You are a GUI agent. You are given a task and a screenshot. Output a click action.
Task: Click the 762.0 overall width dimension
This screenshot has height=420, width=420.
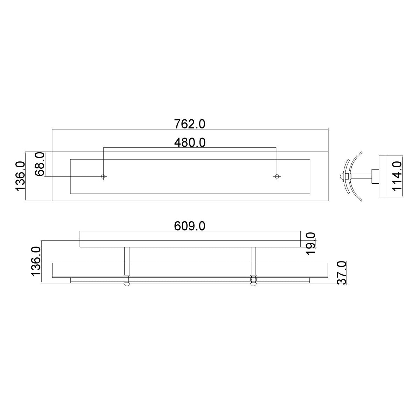pos(189,124)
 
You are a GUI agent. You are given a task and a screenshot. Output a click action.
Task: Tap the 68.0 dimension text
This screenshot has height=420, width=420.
pos(39,164)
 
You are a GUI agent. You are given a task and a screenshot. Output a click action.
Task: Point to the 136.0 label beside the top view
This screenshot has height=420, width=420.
pos(20,176)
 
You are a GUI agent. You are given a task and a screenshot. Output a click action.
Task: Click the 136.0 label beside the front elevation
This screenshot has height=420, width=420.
pos(36,261)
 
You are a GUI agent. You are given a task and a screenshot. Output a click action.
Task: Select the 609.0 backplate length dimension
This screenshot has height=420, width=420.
pos(189,226)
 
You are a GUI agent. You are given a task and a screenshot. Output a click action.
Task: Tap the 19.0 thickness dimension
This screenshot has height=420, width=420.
pos(310,244)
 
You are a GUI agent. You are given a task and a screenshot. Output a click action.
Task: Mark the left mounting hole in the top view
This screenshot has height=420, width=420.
pos(103,176)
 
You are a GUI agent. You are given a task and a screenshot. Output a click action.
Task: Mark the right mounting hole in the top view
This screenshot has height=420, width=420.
pos(277,176)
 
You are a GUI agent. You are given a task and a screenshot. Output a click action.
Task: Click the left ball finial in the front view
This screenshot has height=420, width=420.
pos(127,284)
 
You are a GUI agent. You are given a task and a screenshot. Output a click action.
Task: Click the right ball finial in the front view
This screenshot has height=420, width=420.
pos(253,284)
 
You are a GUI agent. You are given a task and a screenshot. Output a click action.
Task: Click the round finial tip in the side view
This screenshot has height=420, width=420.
pos(341,176)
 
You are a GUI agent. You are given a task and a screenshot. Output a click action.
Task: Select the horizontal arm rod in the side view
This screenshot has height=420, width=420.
pos(361,176)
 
